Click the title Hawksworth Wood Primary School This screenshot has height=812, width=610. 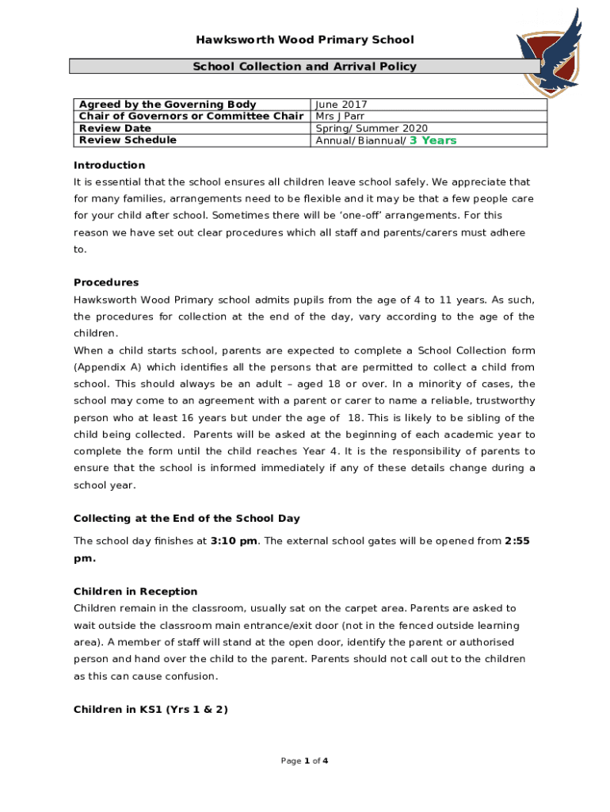click(x=305, y=40)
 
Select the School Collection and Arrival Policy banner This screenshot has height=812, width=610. click(x=305, y=67)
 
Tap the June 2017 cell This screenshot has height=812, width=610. click(x=341, y=105)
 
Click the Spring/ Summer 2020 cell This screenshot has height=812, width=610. click(x=372, y=128)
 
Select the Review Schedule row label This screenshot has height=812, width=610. click(x=128, y=140)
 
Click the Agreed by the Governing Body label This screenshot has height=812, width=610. click(x=167, y=105)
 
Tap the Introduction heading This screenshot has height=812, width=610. click(x=109, y=165)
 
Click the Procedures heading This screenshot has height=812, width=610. click(x=106, y=282)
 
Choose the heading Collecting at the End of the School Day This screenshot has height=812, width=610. click(x=187, y=519)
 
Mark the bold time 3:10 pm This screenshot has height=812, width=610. click(x=234, y=541)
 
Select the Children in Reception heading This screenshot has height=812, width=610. click(x=135, y=592)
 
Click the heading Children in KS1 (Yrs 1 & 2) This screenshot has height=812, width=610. click(x=151, y=710)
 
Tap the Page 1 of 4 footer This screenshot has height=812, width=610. click(x=305, y=761)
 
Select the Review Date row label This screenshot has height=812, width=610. click(x=116, y=128)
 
